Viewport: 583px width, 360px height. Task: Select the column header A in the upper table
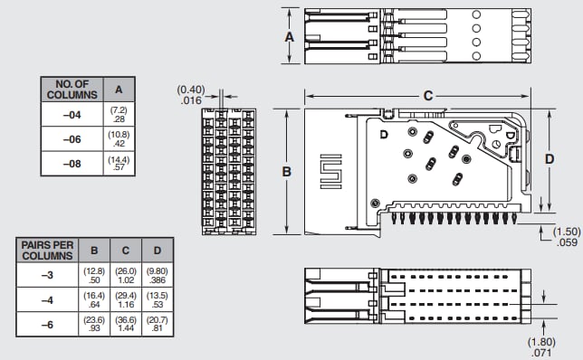point(119,89)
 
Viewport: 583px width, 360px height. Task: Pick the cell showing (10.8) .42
point(119,138)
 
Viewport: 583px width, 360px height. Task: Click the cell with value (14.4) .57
point(119,163)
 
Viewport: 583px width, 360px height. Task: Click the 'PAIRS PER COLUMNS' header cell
point(47,250)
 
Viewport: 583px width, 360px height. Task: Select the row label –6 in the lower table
point(47,323)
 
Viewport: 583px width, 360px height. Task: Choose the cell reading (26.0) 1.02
point(125,275)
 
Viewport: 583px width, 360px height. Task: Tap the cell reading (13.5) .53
point(157,299)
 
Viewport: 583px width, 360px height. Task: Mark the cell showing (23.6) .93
point(93,323)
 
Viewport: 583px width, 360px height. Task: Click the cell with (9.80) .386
point(157,275)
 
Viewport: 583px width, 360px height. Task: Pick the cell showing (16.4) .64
point(93,299)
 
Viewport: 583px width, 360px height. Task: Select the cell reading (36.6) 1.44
point(125,323)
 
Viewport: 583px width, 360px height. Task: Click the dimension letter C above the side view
point(428,95)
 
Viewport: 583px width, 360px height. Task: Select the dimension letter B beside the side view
point(285,170)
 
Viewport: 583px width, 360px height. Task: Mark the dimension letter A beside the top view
point(290,37)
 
